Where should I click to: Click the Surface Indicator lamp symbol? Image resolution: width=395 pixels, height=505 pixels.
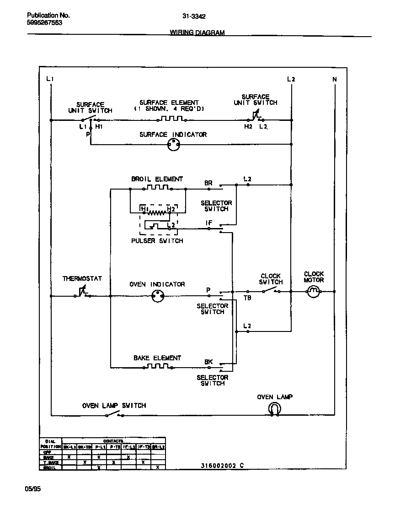click(x=173, y=145)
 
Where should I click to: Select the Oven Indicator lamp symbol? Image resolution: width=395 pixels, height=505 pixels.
click(x=158, y=296)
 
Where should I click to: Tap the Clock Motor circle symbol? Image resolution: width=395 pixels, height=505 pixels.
click(x=313, y=292)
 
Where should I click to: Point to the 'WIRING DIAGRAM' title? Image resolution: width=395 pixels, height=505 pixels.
click(x=197, y=33)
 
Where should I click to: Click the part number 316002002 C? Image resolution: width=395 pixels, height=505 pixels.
click(x=222, y=466)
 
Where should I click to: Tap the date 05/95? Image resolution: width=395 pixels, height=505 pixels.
click(x=32, y=489)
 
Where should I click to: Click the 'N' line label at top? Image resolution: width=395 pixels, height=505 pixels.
click(x=334, y=79)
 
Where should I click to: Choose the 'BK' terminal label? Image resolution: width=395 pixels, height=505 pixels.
click(x=208, y=362)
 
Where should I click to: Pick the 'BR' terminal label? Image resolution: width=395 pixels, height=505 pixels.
click(x=208, y=183)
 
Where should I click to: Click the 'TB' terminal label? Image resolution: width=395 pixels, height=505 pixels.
click(x=247, y=298)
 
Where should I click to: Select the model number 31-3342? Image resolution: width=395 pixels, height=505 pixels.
click(x=194, y=16)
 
